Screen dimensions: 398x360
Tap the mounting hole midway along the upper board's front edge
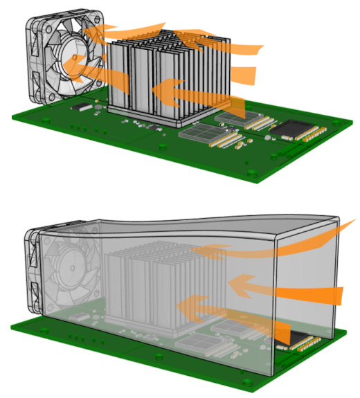[x=161, y=147]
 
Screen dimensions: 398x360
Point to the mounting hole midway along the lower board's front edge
[x=161, y=356]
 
